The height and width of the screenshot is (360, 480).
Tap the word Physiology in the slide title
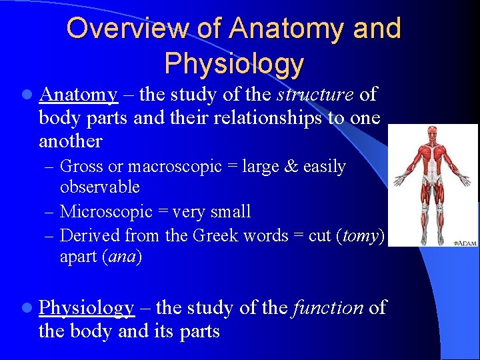pyautogui.click(x=233, y=63)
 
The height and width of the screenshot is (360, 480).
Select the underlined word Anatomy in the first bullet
pyautogui.click(x=79, y=95)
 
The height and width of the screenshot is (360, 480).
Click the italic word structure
pyautogui.click(x=315, y=95)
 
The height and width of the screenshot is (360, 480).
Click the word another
pyautogui.click(x=70, y=141)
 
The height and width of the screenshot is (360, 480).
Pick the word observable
pyautogui.click(x=99, y=187)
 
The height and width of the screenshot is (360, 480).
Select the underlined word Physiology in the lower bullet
pyautogui.click(x=87, y=308)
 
